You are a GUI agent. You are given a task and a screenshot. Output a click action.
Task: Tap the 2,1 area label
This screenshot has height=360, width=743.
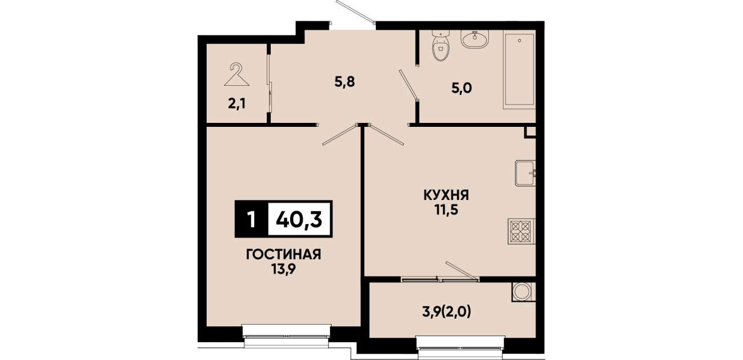(236, 104)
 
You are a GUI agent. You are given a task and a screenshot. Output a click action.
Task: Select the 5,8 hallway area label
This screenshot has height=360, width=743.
(344, 82)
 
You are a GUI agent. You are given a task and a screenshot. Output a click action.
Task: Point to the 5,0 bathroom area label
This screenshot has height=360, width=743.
(461, 88)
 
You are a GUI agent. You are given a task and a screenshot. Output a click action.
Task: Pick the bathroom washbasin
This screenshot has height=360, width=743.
(475, 39)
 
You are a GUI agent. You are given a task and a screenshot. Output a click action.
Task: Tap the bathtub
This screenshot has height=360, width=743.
(519, 70)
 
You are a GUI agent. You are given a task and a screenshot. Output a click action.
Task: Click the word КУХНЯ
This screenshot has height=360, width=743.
(446, 195)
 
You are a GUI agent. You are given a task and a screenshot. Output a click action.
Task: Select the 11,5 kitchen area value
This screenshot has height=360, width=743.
(447, 210)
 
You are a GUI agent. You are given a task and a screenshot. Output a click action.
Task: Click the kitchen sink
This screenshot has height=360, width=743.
(525, 173)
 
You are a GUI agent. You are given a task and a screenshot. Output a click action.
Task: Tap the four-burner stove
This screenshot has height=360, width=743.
(521, 231)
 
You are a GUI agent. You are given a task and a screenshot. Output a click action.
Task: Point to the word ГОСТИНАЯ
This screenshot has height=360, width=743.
(284, 254)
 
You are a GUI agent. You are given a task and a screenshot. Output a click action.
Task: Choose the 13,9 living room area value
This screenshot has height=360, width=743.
(284, 269)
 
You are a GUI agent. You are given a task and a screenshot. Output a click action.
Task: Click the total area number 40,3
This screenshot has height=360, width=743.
(299, 219)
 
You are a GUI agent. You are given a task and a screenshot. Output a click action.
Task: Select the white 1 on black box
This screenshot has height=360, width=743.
(251, 219)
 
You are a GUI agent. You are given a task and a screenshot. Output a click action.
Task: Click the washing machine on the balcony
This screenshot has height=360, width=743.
(523, 292)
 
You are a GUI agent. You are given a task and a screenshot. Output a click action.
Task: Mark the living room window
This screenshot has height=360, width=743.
(286, 336)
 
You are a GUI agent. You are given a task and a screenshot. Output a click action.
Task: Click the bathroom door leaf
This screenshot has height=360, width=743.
(408, 85)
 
